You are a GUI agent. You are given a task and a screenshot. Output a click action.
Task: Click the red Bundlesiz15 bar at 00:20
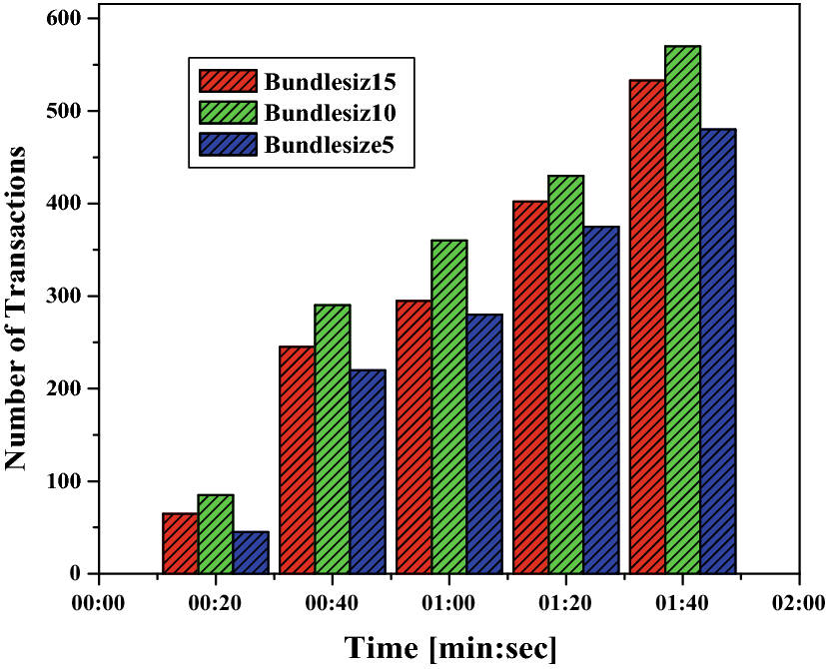[180, 543]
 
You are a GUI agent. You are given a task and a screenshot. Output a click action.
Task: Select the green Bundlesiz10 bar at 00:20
[215, 534]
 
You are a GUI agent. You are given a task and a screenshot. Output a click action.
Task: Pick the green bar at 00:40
[332, 439]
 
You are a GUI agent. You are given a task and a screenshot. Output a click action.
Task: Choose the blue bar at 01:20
[601, 399]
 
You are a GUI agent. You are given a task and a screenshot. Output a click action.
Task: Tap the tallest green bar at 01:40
[683, 310]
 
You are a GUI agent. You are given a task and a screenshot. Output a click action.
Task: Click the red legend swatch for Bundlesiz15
[228, 81]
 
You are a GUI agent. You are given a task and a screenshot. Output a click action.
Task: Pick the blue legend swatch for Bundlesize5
[228, 144]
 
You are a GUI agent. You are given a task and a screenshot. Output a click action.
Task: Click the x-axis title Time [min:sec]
[451, 647]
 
